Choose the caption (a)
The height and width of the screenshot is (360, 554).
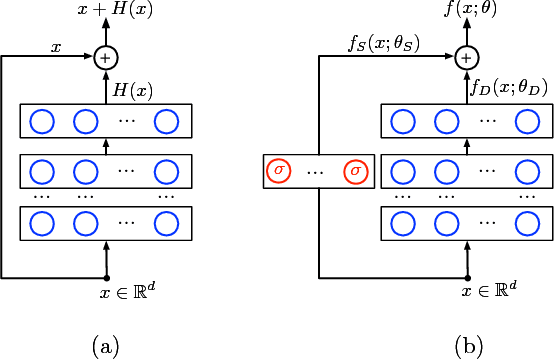(106, 345)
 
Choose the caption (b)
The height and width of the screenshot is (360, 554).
(469, 345)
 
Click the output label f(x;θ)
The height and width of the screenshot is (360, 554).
(468, 11)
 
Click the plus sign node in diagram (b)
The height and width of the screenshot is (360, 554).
(468, 58)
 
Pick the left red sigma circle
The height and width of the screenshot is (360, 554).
(279, 170)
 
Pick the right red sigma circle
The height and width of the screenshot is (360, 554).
(355, 170)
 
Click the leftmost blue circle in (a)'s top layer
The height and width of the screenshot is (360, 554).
(43, 122)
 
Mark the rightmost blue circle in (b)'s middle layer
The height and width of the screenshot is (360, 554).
(527, 170)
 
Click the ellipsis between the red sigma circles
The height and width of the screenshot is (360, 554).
(316, 172)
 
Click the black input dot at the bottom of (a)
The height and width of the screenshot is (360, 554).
(105, 277)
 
